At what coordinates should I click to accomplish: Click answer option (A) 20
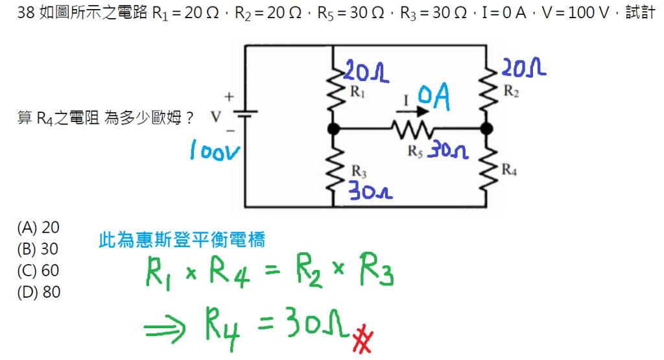[38, 228]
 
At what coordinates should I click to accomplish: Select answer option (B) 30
[38, 249]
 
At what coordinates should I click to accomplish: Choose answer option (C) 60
[38, 270]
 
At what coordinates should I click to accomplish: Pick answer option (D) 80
[39, 293]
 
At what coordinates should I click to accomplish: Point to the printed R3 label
[359, 172]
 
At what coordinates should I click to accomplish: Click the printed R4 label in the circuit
[510, 171]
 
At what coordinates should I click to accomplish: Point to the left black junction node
[333, 129]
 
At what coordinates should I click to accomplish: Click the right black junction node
[486, 129]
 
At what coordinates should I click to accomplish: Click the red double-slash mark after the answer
[362, 340]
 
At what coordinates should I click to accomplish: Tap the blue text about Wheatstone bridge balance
[182, 241]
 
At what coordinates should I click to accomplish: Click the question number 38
[27, 14]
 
